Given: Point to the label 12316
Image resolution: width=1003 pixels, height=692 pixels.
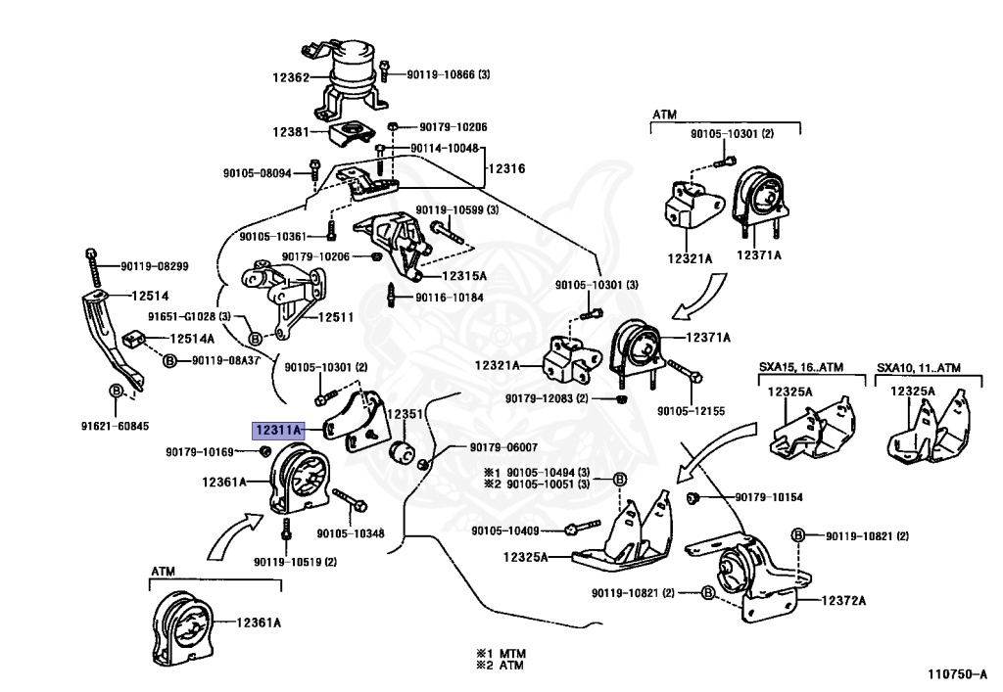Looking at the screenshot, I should (507, 168).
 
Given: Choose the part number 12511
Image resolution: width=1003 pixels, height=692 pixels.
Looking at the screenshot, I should (336, 317).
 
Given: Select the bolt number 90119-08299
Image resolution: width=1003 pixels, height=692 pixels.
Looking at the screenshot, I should (155, 265).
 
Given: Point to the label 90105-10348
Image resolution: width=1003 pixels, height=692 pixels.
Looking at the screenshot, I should (350, 533).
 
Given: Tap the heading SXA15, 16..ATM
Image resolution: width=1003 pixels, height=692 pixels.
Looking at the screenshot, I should (802, 368).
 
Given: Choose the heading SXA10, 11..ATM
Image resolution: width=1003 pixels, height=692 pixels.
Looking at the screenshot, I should (919, 368).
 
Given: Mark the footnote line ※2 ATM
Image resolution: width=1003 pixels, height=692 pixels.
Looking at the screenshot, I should (501, 664).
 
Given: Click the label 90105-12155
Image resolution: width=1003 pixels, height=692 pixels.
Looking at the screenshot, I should (691, 412).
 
